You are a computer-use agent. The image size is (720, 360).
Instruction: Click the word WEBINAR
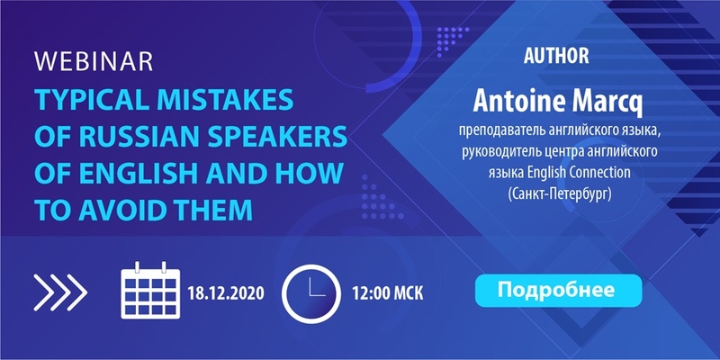pos(94,62)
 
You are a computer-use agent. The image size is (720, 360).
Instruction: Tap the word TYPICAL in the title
pos(92,100)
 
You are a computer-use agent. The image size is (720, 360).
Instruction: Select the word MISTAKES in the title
pos(227,100)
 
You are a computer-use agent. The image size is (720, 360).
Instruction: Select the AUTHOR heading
pos(556,56)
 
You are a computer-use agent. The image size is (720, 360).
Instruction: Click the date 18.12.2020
pos(226,293)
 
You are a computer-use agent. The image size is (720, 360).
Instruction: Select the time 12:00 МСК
pos(388,293)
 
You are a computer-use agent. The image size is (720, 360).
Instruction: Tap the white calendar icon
pos(150,290)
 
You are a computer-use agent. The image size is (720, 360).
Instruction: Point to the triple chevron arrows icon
pos(60,292)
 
